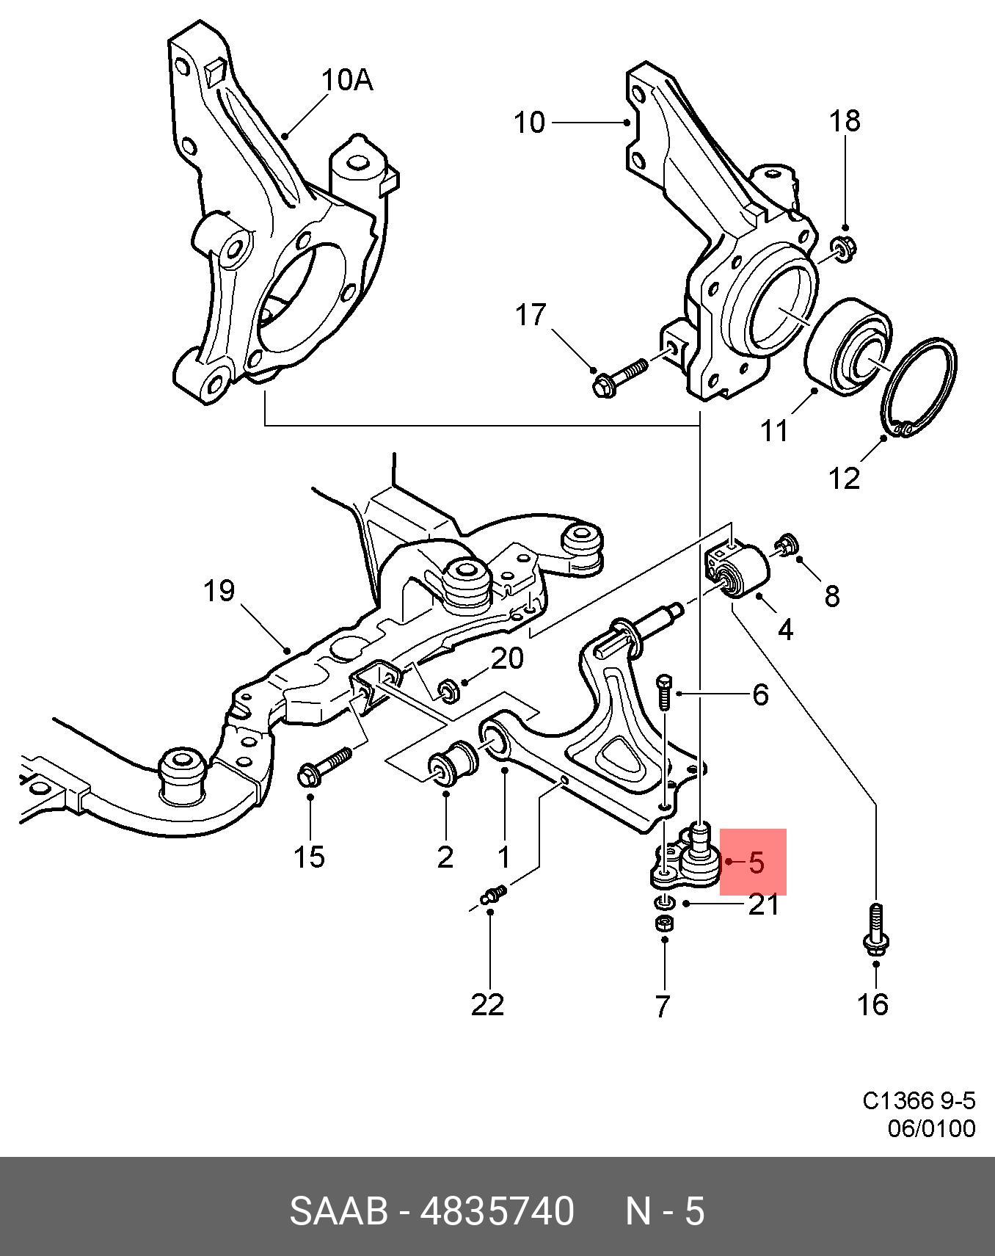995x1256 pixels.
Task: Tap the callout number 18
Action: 845,120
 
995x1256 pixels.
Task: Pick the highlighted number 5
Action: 757,862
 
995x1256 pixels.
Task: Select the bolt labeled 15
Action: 325,765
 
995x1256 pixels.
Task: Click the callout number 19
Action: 219,590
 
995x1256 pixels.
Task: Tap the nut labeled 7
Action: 663,923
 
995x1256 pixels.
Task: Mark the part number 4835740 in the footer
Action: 497,1210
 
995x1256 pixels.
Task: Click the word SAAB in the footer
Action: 338,1210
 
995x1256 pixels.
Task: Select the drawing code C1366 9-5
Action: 919,1101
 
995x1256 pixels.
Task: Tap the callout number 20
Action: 508,658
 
